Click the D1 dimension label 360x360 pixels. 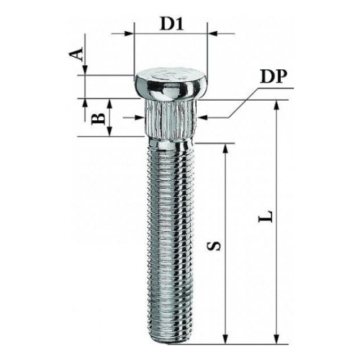[x=171, y=24]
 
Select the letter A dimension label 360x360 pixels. [x=76, y=53]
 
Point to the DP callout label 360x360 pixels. [x=274, y=77]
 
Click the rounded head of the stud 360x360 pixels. [x=171, y=84]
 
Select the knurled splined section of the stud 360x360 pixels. [x=171, y=119]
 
